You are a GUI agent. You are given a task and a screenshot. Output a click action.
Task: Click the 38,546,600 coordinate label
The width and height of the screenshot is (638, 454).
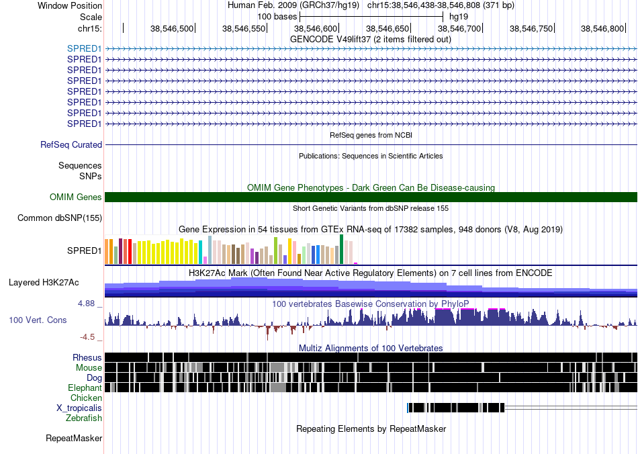tap(316, 28)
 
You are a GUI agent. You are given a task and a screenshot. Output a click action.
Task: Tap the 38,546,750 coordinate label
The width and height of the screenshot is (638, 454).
tap(531, 28)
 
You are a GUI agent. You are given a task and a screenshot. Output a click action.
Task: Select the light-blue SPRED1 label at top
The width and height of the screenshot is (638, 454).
tap(84, 48)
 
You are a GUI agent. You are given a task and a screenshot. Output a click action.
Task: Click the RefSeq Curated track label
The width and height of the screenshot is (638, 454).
tap(71, 145)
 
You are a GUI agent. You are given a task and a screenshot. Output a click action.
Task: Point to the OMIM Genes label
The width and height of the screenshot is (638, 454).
tap(76, 197)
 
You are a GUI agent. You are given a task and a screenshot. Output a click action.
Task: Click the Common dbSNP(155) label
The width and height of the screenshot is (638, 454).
tap(60, 218)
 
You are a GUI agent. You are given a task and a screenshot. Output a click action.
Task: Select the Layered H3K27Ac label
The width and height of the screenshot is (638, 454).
tap(44, 282)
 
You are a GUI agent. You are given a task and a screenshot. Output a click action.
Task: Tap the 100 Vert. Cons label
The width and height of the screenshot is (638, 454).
tap(38, 320)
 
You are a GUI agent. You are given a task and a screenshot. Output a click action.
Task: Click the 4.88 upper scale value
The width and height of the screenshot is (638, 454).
tap(86, 304)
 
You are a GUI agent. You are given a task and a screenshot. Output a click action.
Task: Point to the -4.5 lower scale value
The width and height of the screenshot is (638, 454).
tap(87, 337)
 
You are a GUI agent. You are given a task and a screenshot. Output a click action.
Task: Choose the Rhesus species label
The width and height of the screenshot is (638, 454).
tap(87, 357)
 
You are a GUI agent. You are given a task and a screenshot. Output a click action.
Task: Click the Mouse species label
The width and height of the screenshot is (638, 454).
tap(89, 368)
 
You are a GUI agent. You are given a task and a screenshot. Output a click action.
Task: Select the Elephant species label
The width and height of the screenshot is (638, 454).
tap(85, 388)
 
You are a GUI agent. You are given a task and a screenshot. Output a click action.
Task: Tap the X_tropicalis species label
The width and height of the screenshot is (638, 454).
tap(79, 408)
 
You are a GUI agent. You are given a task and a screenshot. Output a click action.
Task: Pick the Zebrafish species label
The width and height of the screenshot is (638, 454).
tap(84, 418)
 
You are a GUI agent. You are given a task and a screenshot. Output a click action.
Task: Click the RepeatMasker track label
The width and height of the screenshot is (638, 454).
tap(74, 438)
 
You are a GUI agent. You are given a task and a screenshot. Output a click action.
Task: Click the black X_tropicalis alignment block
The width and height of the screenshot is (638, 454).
tap(456, 408)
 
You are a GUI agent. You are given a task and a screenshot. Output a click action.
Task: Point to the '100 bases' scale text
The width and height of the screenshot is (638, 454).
tap(277, 17)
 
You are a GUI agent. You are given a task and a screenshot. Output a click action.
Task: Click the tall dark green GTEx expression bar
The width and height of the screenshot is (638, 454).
tap(341, 249)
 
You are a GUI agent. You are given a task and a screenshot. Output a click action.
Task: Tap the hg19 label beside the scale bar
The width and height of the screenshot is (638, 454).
tap(459, 17)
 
